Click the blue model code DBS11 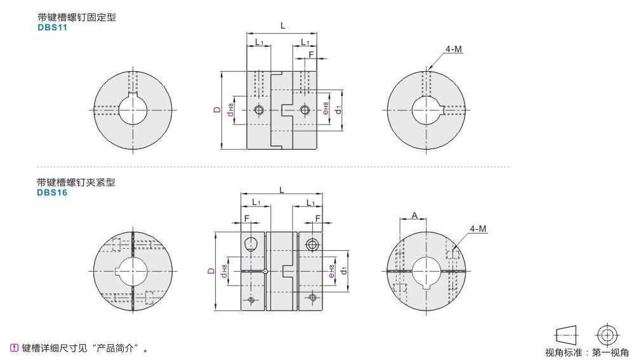[52, 27]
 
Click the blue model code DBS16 [52, 192]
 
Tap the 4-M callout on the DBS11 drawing [453, 49]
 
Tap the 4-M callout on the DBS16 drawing [478, 229]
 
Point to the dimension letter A [414, 216]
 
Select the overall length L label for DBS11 [282, 25]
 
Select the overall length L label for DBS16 [281, 190]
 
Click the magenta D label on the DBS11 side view [218, 110]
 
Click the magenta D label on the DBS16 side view [211, 271]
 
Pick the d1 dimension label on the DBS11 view [338, 109]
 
